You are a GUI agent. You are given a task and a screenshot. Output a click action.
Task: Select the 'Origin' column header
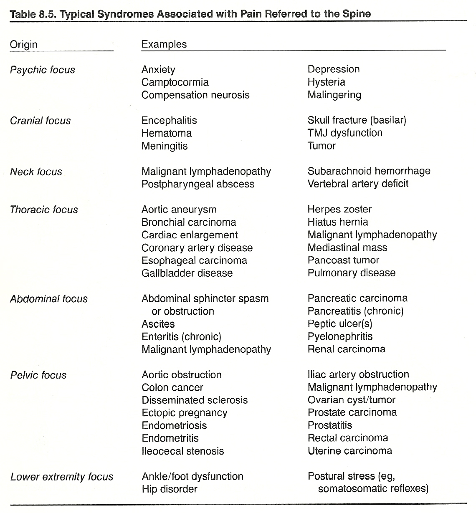24,44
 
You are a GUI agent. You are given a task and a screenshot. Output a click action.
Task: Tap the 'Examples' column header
164,44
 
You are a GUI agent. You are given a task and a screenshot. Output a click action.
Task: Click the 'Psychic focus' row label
42,70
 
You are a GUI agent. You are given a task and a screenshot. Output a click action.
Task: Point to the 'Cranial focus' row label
40,121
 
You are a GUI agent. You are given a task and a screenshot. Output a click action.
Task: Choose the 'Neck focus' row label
36,172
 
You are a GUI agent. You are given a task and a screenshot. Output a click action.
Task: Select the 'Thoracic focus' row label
44,210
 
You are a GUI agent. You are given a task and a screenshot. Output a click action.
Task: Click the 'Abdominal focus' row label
49,299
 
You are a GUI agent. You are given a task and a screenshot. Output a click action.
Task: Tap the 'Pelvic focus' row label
38,375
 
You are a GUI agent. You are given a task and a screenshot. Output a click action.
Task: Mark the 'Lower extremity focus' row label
62,477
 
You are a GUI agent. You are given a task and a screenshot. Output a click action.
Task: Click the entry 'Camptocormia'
175,82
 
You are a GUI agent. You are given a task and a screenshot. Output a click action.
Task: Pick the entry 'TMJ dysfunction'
345,133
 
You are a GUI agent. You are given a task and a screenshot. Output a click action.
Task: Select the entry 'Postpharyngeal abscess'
198,184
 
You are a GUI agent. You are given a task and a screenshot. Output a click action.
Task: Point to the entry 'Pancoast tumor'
343,260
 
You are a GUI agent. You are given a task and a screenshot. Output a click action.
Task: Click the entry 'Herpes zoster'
339,209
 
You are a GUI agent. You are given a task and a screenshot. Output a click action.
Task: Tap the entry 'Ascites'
158,324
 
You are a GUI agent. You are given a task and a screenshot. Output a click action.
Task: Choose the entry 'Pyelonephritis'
340,336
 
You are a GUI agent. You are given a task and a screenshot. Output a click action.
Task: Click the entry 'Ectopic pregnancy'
185,413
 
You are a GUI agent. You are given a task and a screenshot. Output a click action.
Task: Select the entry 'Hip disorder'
170,489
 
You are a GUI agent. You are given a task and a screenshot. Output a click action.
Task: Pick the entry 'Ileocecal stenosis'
183,451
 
